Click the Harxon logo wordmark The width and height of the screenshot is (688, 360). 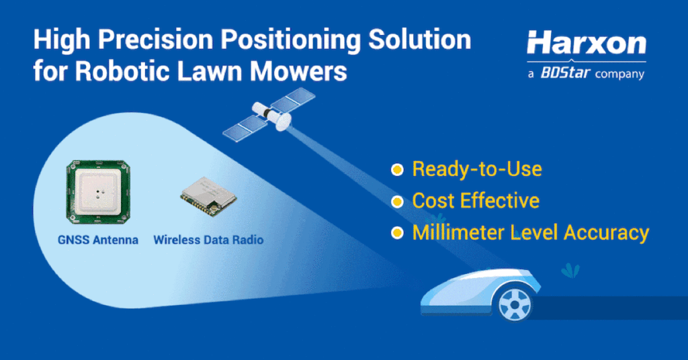point(586,44)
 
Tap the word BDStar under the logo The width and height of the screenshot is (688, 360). point(565,73)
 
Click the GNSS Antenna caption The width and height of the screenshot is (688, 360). point(98,239)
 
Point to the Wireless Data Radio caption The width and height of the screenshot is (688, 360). point(208,239)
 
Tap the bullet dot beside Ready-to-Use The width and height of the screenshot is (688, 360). point(398,169)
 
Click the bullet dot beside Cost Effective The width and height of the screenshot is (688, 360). point(398,201)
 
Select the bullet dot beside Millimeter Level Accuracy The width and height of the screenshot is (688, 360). point(398,233)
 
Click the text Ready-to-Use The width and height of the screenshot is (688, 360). point(477,169)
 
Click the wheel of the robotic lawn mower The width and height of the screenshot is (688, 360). point(515,305)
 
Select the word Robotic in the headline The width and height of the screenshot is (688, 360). point(108,71)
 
